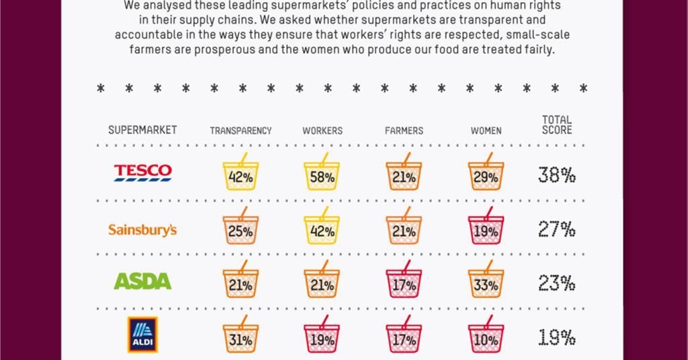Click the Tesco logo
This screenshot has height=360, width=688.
142,173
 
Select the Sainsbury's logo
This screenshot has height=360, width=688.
142,230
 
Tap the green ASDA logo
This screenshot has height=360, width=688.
142,281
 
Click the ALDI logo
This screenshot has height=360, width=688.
142,335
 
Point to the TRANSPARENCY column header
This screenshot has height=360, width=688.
241,131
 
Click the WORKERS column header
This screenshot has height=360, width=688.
322,131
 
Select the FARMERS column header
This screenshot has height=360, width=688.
404,131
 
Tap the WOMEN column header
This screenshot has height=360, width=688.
486,131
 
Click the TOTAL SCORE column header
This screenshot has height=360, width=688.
557,125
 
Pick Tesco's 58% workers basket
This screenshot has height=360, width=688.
322,175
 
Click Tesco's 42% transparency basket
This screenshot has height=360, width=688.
240,175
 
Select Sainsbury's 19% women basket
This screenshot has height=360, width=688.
486,230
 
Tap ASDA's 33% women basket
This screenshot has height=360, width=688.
486,283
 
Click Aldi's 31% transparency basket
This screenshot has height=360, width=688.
240,338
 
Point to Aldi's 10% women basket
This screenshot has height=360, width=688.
486,338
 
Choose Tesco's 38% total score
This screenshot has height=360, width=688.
556,175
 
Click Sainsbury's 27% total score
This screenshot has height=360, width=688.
556,230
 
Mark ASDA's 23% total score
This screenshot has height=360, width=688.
556,283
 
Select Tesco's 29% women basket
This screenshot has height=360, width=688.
486,175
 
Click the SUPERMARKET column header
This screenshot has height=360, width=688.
142,130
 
